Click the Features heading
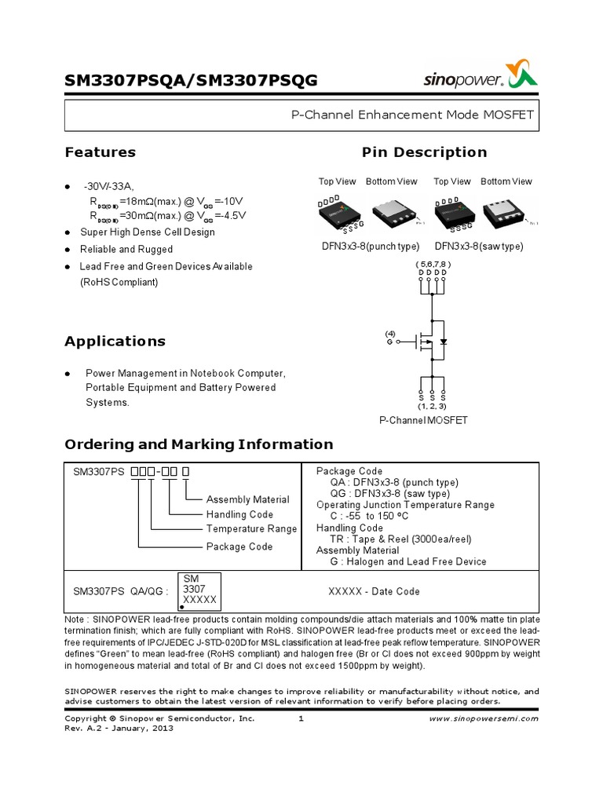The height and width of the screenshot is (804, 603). (x=100, y=152)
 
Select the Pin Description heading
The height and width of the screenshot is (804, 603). (x=424, y=152)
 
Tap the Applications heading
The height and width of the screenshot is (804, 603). (x=115, y=342)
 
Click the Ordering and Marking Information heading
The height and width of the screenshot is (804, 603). (x=198, y=444)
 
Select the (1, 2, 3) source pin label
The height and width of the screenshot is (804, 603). (x=433, y=406)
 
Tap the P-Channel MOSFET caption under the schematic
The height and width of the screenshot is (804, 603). (x=423, y=420)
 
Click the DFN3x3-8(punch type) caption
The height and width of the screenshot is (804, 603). (x=369, y=246)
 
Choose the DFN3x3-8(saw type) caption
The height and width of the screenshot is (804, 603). (x=478, y=246)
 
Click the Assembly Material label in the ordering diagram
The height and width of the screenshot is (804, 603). (x=247, y=499)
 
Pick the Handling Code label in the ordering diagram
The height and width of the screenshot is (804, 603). (x=239, y=514)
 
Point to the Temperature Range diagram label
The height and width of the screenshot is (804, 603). (x=251, y=529)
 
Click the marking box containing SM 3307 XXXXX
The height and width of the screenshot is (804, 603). (x=199, y=591)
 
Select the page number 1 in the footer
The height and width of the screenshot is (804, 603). (x=301, y=718)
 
